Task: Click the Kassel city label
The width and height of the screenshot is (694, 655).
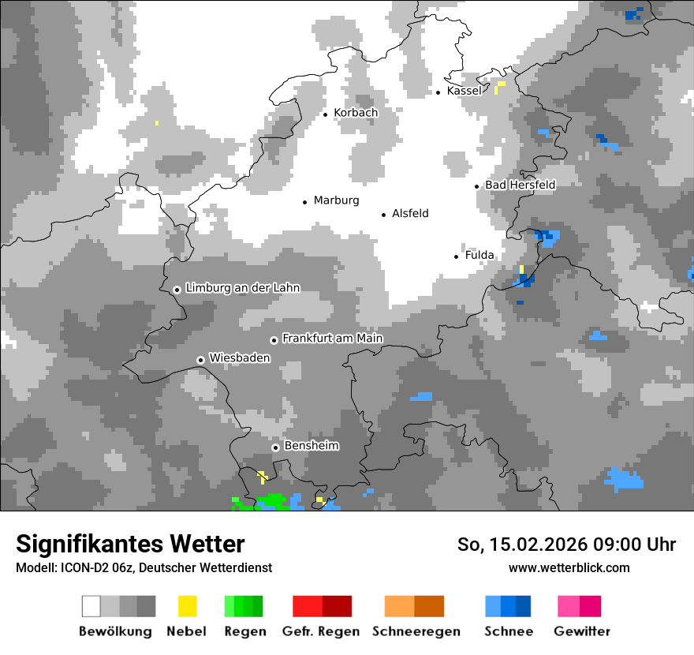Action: pos(464,91)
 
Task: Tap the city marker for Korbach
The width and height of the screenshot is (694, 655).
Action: pos(325,114)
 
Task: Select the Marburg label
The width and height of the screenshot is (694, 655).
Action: pos(336,200)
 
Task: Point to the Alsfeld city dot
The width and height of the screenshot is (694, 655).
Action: pos(384,215)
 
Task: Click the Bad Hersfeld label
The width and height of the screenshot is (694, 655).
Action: pos(520,185)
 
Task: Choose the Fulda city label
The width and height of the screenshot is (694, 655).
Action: pos(479,255)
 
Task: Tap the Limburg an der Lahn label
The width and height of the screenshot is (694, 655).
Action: pos(242,288)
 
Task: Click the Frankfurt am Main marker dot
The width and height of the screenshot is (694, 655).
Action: pos(274,340)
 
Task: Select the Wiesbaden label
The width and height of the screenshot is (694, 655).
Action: pos(239,357)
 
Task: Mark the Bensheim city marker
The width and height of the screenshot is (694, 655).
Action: pos(275,447)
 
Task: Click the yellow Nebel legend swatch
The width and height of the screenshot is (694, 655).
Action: pos(187,606)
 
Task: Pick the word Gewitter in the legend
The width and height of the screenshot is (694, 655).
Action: pos(582,631)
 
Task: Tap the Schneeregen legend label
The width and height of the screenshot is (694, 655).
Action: pos(416,631)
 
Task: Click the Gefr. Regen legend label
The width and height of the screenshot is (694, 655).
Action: pos(321,631)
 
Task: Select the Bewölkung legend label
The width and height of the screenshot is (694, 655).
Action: pos(115,631)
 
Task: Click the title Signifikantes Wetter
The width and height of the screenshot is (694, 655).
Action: pos(130,544)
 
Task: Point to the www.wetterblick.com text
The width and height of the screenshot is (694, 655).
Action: pos(569,567)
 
